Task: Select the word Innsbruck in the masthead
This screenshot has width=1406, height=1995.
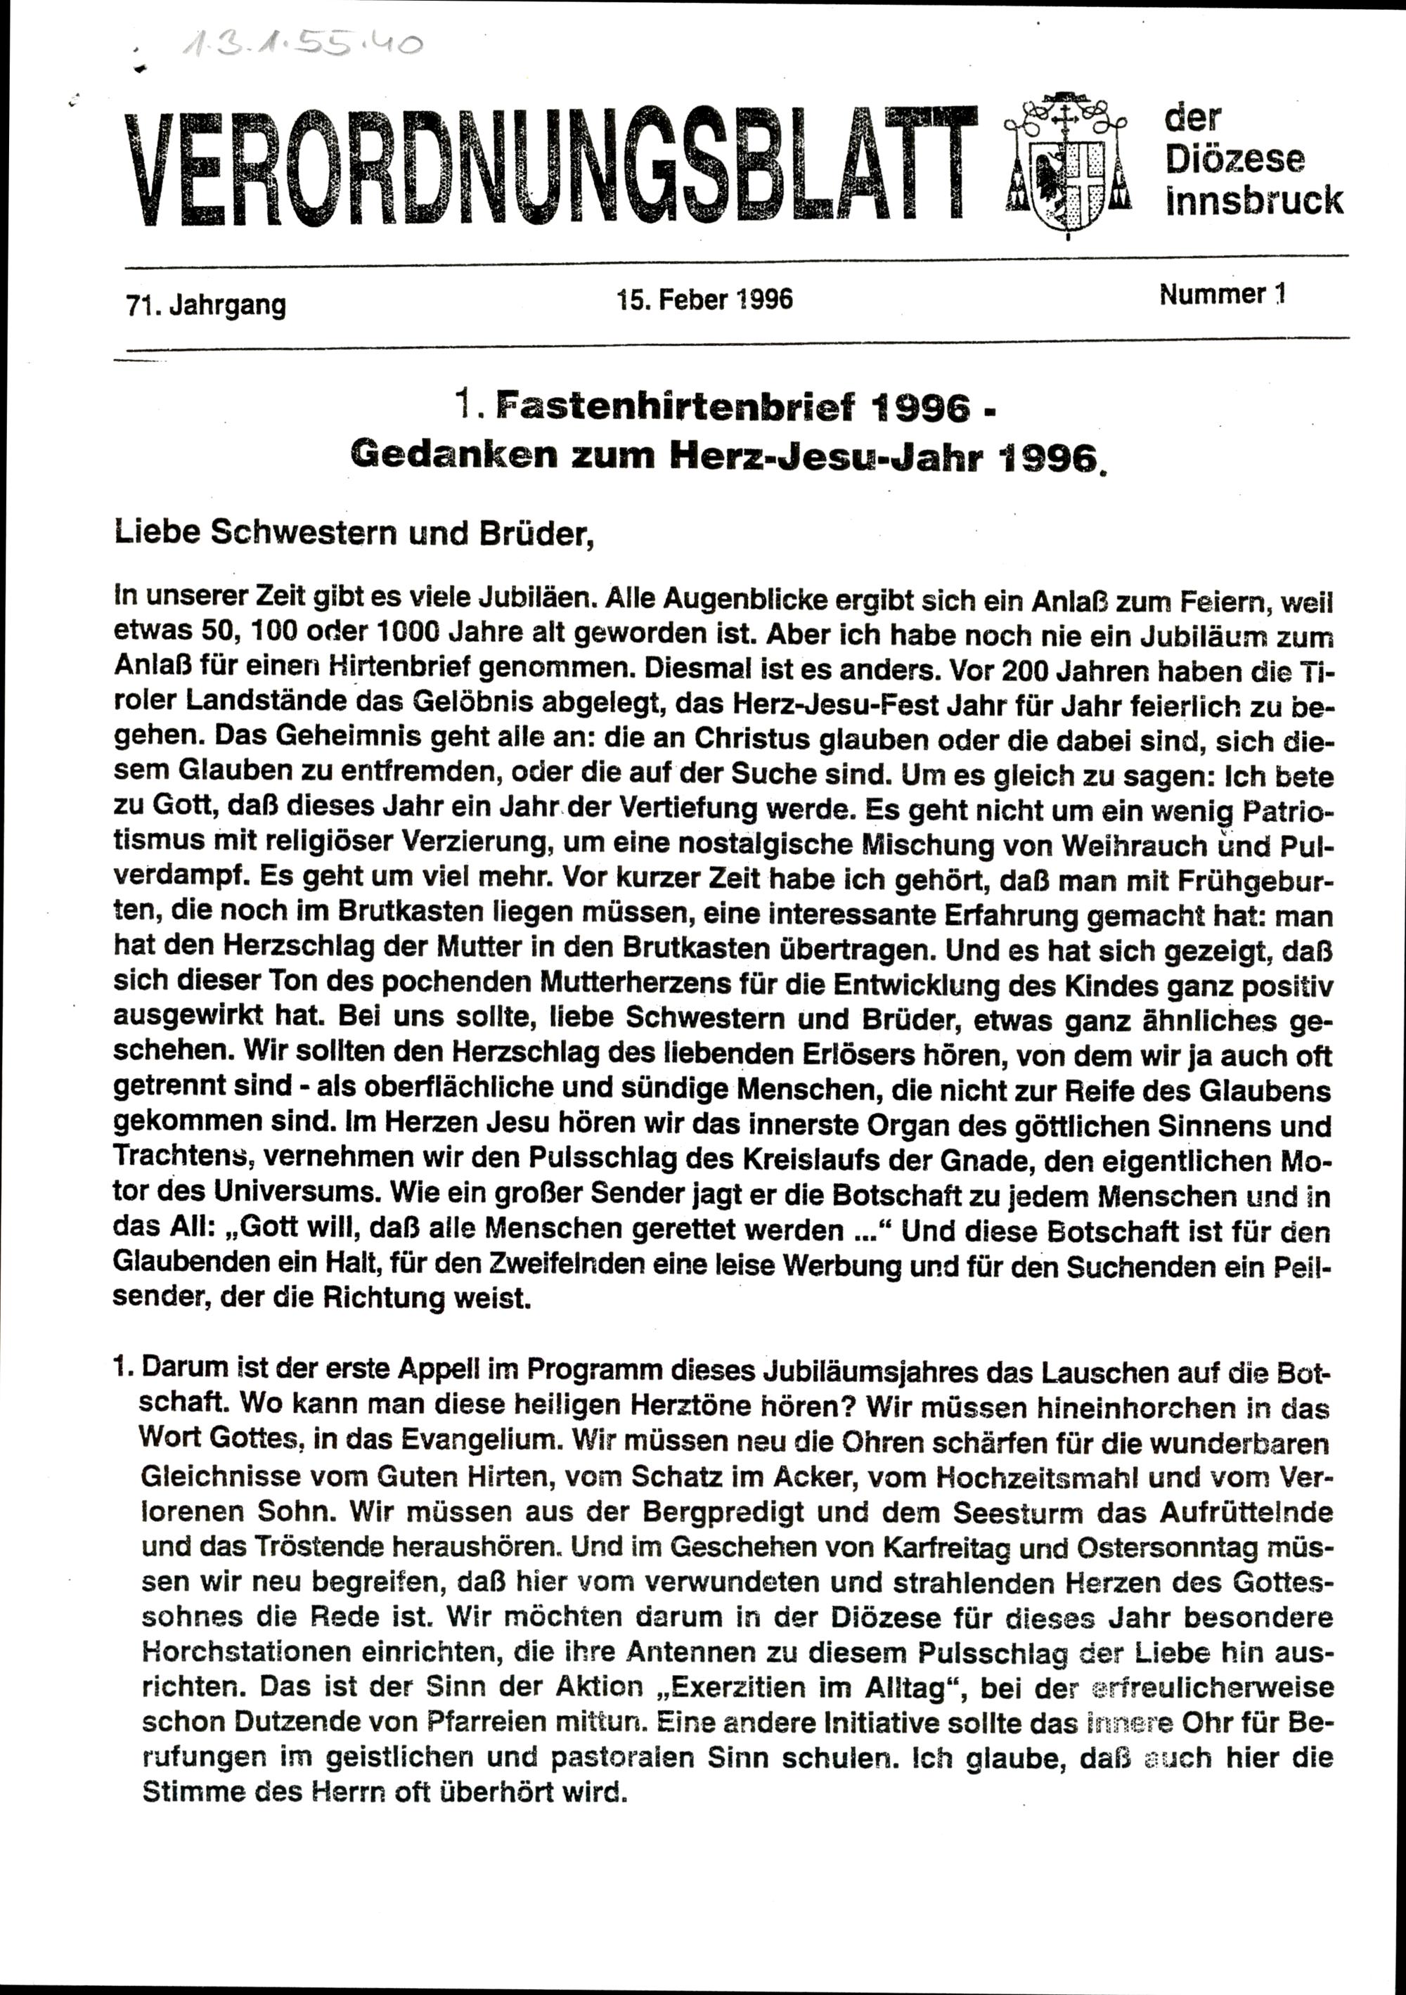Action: coord(1254,201)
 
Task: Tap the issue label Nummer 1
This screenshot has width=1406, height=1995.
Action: coord(1222,295)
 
